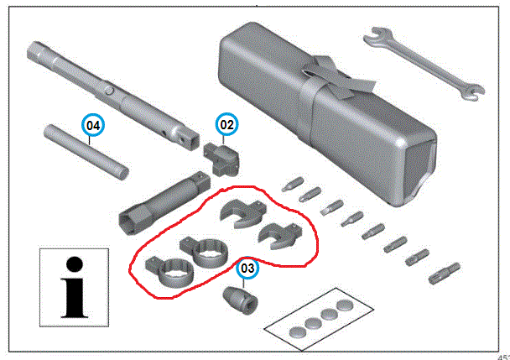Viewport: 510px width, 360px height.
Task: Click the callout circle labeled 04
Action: pos(93,125)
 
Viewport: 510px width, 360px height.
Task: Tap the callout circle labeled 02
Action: pos(226,124)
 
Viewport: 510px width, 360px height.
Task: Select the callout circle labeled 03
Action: pos(247,268)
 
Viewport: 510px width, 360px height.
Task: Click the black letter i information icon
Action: pos(74,288)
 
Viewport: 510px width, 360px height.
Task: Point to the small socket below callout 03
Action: pos(241,300)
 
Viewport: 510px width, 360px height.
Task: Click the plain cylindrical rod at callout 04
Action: pos(86,152)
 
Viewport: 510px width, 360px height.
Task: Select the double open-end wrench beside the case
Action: pos(424,63)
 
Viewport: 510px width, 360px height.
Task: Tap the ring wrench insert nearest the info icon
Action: pos(169,272)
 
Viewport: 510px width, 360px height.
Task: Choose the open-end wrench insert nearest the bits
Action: pos(280,236)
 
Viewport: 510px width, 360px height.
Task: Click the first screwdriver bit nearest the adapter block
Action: pos(293,185)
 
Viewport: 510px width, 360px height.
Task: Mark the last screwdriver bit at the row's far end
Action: pos(445,274)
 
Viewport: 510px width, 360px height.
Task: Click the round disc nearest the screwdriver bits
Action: pos(345,305)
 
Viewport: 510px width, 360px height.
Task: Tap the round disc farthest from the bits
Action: pos(298,332)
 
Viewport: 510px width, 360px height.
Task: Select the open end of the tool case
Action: pos(419,173)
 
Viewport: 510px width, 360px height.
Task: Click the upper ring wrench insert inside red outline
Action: pos(205,251)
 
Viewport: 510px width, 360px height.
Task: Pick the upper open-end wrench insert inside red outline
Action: pos(243,213)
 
